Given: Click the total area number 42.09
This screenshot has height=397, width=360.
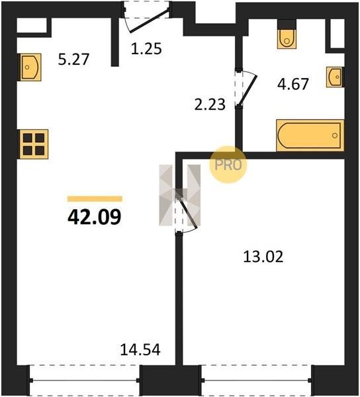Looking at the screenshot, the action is click(95, 218).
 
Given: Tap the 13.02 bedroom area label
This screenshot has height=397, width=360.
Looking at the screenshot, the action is click(263, 257).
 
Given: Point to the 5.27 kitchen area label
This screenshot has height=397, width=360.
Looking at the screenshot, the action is click(73, 60).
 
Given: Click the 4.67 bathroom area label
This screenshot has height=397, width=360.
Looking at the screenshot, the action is click(293, 84).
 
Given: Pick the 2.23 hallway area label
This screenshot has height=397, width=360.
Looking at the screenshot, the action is click(210, 105).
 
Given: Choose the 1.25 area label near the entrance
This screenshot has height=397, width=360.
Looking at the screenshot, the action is click(146, 48).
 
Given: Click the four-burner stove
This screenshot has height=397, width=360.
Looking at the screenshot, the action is click(33, 144).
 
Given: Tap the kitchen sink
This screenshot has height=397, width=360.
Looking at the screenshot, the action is click(30, 67).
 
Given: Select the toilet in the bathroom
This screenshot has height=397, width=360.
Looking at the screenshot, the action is click(287, 38).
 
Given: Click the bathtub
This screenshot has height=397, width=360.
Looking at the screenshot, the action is click(310, 136).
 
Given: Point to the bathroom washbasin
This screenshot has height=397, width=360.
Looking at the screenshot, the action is click(335, 77).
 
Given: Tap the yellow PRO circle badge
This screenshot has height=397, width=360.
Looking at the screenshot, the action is click(228, 165).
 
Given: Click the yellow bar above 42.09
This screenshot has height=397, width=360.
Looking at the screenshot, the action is click(95, 198).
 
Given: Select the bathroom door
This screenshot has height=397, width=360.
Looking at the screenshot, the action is click(246, 88).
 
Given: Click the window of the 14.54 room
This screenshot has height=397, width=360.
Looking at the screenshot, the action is click(85, 380).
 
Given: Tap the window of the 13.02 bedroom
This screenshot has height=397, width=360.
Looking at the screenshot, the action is click(257, 380).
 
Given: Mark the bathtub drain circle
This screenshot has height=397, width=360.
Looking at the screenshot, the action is click(335, 136).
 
